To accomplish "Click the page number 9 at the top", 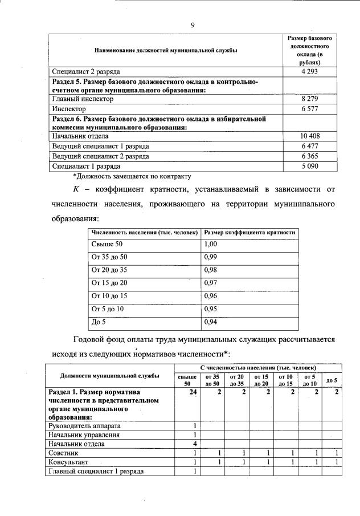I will [x=193, y=25].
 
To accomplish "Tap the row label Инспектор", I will [x=69, y=108].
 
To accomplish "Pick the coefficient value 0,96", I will [x=211, y=296].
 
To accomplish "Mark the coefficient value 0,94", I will [x=211, y=322].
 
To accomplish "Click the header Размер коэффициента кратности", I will [x=249, y=233].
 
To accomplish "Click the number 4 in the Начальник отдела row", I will [x=195, y=443].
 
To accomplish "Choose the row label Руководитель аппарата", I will [x=85, y=425].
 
